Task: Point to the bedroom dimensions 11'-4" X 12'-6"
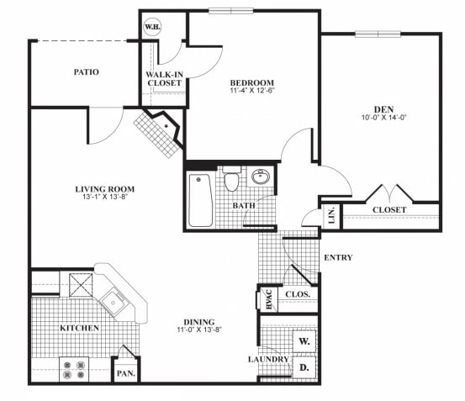[x=252, y=92]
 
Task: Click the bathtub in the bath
[x=200, y=200]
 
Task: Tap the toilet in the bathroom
[x=233, y=181]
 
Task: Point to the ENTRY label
[x=337, y=257]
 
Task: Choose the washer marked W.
[x=304, y=341]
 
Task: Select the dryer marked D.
[x=304, y=367]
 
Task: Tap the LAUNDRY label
[x=268, y=360]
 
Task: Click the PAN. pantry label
[x=126, y=372]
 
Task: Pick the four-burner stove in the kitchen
[x=74, y=369]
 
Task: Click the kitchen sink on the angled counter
[x=112, y=300]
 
